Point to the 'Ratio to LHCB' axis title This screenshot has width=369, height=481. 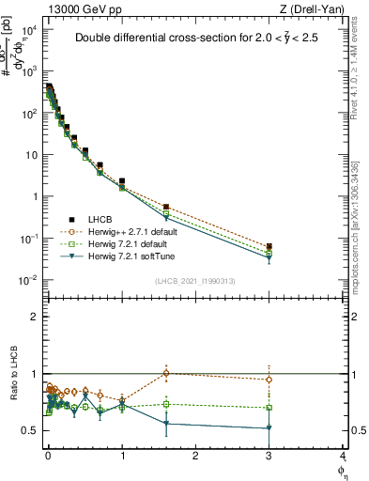[x=11, y=386]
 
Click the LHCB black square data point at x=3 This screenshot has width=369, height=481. [x=269, y=247]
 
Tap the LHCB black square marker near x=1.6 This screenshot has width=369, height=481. [x=166, y=207]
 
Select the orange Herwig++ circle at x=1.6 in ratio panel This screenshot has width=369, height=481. [x=166, y=373]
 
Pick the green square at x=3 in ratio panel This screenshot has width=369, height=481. [x=269, y=408]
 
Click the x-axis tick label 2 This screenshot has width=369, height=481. [x=195, y=457]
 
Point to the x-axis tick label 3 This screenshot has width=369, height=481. [x=269, y=457]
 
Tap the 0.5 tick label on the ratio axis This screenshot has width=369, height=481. [x=29, y=430]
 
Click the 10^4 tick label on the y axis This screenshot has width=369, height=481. [x=28, y=30]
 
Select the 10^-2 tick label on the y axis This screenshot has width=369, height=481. [x=28, y=280]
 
